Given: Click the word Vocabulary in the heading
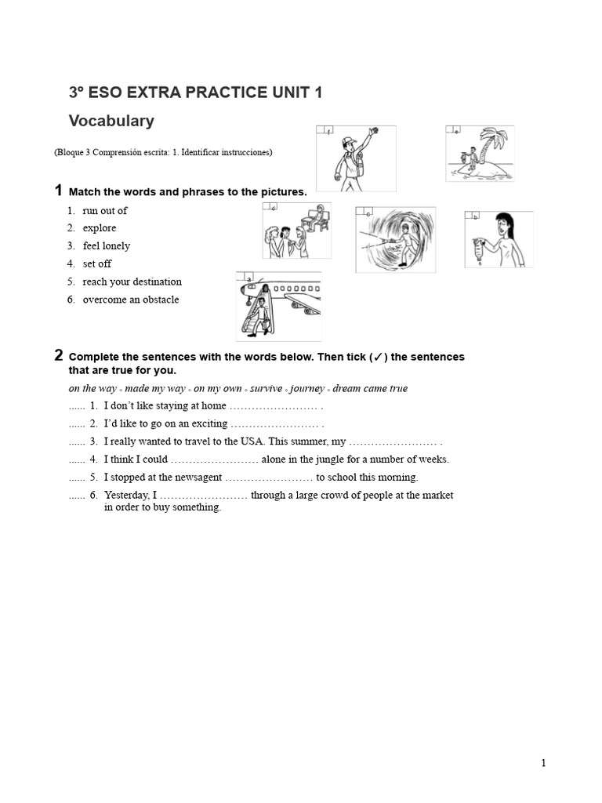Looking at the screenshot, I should (111, 122).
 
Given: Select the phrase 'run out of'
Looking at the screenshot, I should (104, 211).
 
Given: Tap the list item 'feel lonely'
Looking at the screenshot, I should (106, 246).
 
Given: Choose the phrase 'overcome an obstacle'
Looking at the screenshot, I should (130, 300).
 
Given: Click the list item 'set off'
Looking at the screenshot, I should (97, 264).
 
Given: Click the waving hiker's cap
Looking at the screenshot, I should (348, 142).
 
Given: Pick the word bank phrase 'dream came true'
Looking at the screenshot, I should (370, 389).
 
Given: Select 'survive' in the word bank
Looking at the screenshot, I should (266, 389).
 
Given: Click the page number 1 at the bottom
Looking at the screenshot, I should (543, 764).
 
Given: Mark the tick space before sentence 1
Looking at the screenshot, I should (76, 407).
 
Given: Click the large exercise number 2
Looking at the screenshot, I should (59, 355).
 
